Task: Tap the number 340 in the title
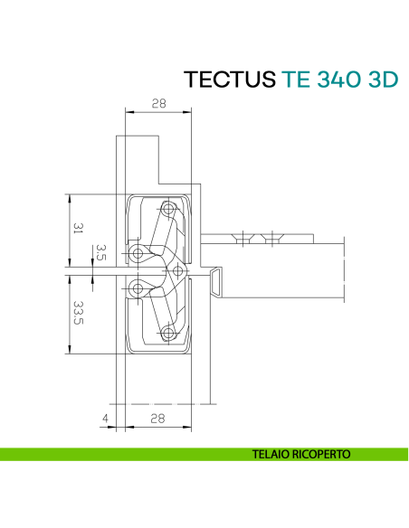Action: pyautogui.click(x=336, y=80)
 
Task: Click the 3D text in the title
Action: pyautogui.click(x=380, y=80)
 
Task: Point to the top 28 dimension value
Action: pyautogui.click(x=158, y=104)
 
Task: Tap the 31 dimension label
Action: pyautogui.click(x=78, y=230)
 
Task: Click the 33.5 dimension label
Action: pyautogui.click(x=78, y=315)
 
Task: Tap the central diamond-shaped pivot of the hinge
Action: pyautogui.click(x=177, y=269)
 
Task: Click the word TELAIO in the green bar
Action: pyautogui.click(x=274, y=454)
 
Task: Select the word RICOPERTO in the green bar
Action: pyautogui.click(x=321, y=454)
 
